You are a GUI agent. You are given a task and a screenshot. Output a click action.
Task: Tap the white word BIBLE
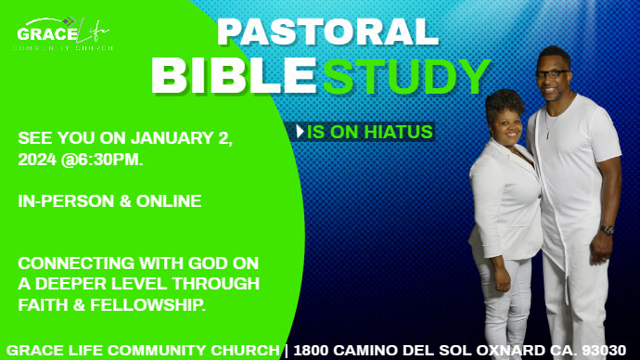[x=236, y=76]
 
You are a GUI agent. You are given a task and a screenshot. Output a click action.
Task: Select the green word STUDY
[x=406, y=76]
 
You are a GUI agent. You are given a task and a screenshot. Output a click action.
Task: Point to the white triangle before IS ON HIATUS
[x=300, y=132]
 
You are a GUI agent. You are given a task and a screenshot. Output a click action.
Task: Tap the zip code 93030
[x=606, y=350]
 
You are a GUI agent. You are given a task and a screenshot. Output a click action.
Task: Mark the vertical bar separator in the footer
[x=286, y=350]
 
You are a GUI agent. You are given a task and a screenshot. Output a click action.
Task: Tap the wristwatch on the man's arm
[x=607, y=229]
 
